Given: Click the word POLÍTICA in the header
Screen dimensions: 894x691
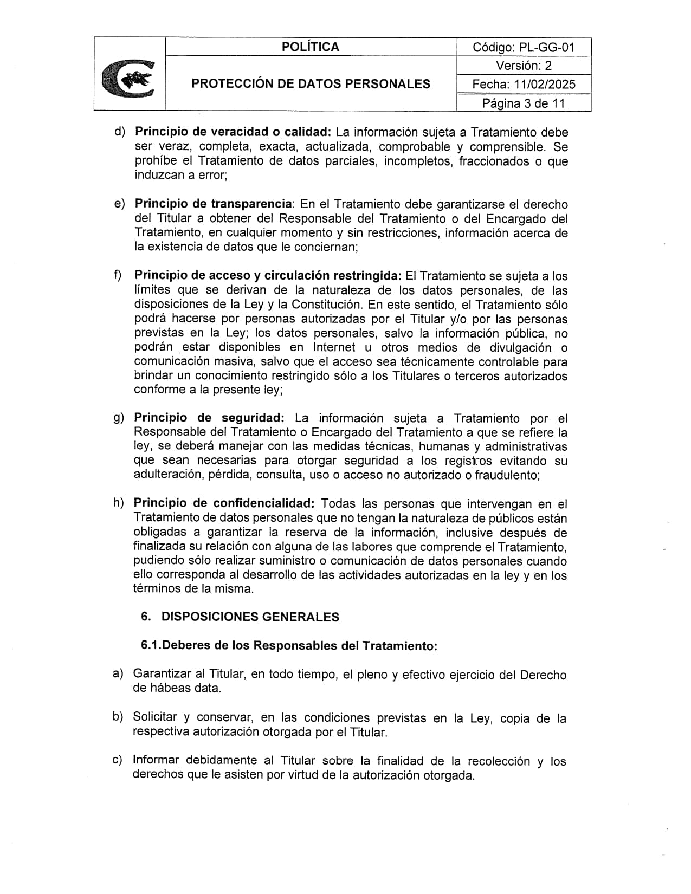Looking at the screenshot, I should coord(310,47).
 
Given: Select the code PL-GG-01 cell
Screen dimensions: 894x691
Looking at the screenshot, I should coord(524,47).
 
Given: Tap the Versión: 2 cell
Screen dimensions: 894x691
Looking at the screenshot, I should coord(524,66).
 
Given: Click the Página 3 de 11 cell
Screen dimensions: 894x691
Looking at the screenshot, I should coord(524,103).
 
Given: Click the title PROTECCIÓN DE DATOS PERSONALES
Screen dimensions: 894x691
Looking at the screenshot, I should coord(311,84).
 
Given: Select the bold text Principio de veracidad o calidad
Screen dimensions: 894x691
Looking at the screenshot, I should coord(233,132).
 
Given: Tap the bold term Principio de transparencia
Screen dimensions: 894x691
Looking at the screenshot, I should coord(213,204).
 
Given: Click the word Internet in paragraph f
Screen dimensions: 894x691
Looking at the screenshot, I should coord(334,347).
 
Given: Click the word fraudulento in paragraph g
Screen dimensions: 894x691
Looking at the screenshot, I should coord(506,475).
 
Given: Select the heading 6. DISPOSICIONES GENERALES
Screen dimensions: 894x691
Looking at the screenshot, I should coord(240,617).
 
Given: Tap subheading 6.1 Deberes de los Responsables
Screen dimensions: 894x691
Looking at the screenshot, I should coord(288,645).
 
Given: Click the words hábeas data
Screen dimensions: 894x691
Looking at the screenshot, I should coord(177,689).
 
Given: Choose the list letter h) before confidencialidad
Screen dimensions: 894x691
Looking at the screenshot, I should coord(118,503).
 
